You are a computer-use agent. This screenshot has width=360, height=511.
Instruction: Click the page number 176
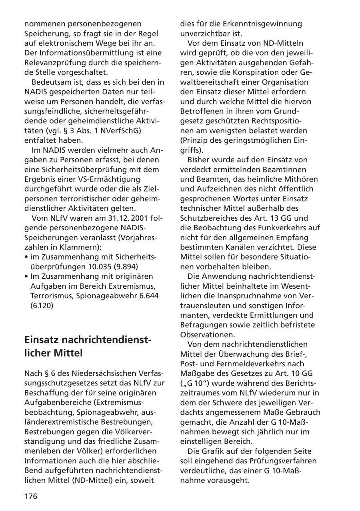pos(31,496)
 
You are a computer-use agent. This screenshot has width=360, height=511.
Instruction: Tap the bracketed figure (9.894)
pos(129,266)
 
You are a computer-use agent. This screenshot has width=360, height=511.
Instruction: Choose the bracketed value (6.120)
pos(42,305)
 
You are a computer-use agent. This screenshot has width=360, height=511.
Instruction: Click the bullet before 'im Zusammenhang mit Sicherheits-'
pos(26,257)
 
